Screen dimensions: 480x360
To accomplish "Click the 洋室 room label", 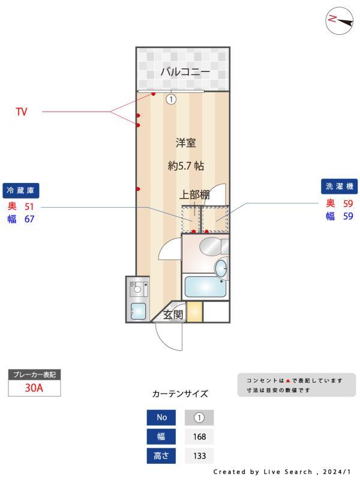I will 186,143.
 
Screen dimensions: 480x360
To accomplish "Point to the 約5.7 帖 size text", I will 186,167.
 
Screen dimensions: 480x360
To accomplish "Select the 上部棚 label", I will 194,194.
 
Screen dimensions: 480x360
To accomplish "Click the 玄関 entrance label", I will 174,314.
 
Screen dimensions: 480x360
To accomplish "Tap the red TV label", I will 22,112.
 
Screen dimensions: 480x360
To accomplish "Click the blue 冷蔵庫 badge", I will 21,190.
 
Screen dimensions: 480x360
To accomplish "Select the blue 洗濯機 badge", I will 339,187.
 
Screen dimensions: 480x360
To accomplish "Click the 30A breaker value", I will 34,388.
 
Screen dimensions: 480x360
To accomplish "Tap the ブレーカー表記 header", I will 34,375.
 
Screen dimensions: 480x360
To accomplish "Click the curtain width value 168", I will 199,437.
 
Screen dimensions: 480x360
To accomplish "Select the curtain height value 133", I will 199,456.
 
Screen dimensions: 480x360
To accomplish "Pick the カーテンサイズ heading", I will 180,394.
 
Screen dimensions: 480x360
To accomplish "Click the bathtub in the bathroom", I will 205,287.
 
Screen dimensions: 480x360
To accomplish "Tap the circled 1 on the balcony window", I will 171,100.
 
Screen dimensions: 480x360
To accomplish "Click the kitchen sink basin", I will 138,311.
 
